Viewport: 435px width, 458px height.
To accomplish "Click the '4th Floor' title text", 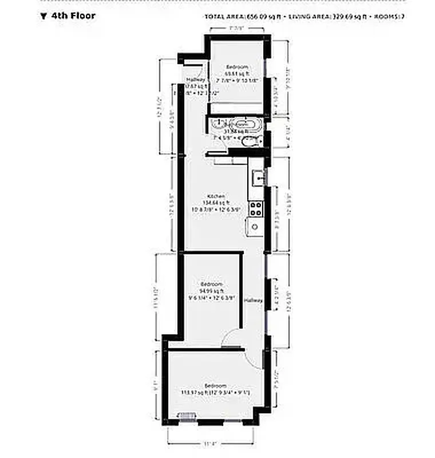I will pos(73,15).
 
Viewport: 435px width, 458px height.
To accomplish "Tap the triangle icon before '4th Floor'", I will pos(43,16).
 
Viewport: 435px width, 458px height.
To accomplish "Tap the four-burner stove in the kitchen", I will pos(255,209).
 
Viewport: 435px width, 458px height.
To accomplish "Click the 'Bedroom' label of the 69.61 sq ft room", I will pos(234,68).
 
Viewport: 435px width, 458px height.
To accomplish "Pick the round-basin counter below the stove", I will pos(255,227).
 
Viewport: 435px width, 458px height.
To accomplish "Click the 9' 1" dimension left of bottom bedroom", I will pos(155,385).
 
